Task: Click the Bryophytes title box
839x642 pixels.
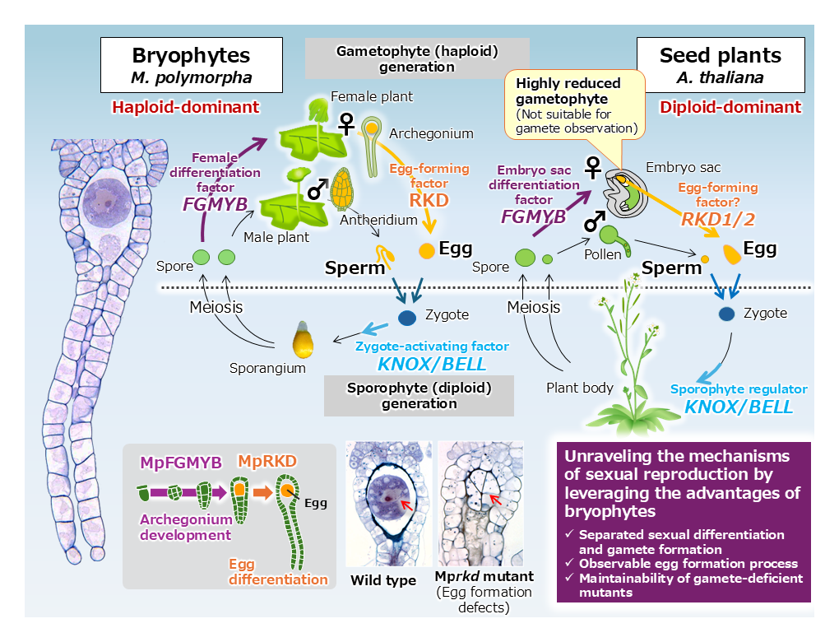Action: [191, 66]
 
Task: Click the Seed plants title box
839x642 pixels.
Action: [721, 66]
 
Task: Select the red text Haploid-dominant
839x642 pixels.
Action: [186, 107]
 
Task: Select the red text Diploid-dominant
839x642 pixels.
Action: [730, 107]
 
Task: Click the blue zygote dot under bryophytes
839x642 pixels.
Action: [407, 318]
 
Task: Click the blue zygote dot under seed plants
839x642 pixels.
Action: [726, 314]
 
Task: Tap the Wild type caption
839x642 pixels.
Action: [383, 580]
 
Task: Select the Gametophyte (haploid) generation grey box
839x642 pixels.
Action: [417, 58]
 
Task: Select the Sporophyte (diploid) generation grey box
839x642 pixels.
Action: [419, 396]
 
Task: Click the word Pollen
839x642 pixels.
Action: [602, 255]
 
